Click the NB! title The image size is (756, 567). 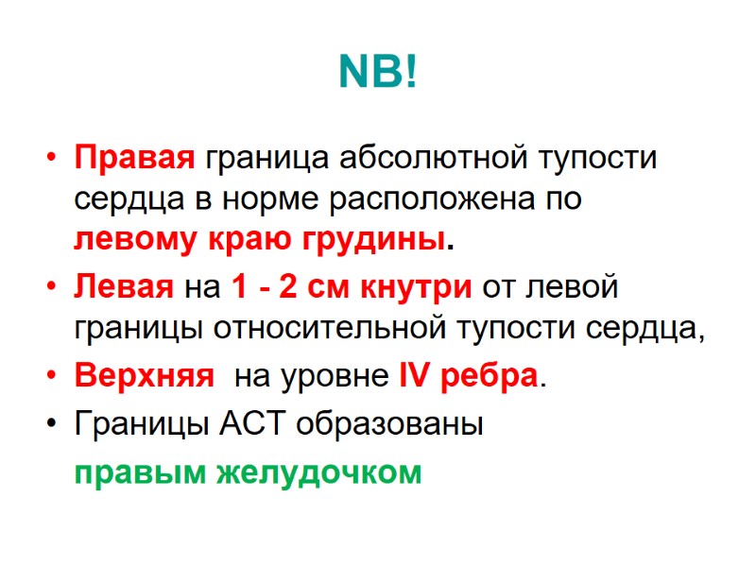(377, 74)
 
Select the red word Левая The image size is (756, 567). (124, 286)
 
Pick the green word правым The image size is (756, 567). (136, 471)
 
